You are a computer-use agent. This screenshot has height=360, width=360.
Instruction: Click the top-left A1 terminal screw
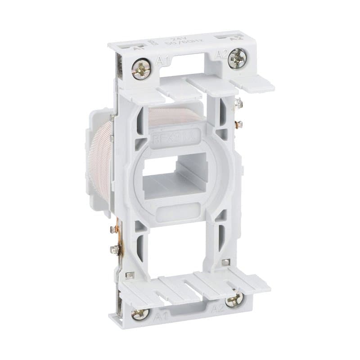[141, 70]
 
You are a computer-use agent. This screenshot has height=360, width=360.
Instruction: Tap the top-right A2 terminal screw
[237, 59]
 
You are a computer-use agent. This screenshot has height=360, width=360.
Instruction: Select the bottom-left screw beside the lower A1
[140, 313]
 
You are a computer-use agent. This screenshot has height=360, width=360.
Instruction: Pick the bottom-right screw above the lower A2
[234, 299]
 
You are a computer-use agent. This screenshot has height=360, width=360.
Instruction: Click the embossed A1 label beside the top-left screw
[159, 60]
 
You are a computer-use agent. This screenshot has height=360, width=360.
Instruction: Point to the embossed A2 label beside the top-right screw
[221, 55]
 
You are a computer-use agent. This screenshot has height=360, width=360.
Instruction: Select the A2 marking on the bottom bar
[217, 309]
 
